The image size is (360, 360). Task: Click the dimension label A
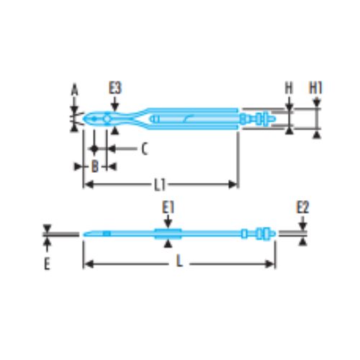(75, 91)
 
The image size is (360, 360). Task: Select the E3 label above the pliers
(115, 88)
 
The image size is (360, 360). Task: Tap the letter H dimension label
(289, 88)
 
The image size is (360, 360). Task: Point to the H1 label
(315, 88)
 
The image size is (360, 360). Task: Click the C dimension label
(144, 149)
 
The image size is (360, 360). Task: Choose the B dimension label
(95, 166)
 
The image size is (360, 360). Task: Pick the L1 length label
(160, 185)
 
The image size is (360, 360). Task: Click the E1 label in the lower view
(168, 208)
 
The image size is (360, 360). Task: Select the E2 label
(302, 208)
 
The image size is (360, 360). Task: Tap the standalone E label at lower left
(47, 264)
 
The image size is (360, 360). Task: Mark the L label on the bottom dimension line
(179, 261)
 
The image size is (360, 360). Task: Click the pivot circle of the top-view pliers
(107, 119)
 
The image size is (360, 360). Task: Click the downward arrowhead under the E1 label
(168, 224)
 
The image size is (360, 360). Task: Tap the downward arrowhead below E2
(303, 226)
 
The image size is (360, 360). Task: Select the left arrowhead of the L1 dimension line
(89, 185)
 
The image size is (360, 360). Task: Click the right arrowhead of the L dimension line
(269, 264)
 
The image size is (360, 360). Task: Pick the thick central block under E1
(168, 234)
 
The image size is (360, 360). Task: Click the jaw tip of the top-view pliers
(84, 119)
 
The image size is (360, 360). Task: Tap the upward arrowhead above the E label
(48, 243)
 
